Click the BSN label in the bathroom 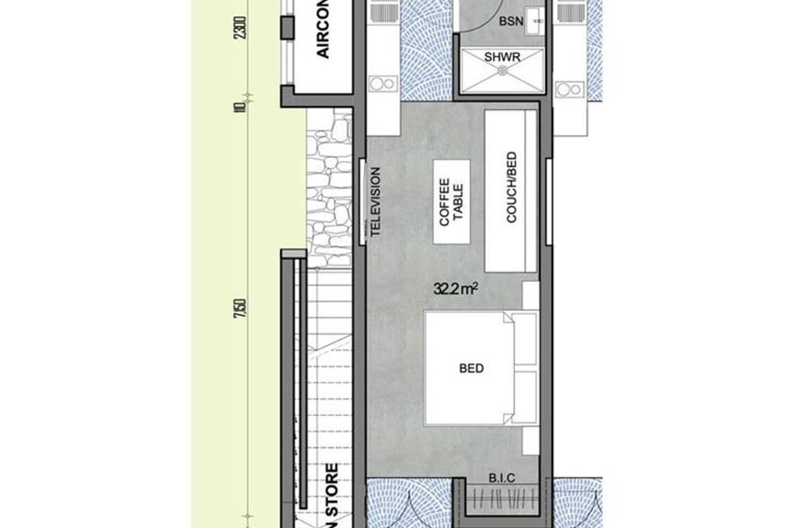[511, 21]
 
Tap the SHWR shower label [503, 57]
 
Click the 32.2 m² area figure [455, 288]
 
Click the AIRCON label [323, 36]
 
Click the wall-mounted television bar [362, 201]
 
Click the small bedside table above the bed [531, 295]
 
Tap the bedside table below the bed [531, 438]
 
